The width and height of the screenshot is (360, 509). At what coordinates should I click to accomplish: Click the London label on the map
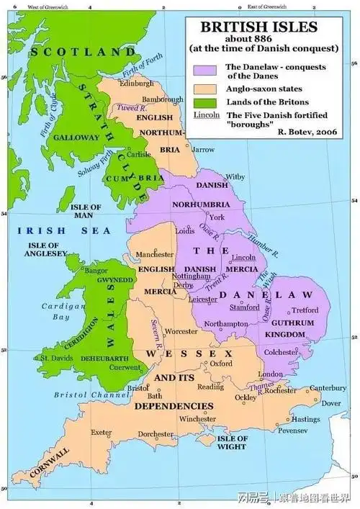point(270,375)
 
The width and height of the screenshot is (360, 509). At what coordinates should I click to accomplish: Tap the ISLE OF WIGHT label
point(233,442)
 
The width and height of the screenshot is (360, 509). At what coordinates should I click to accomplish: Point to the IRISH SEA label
point(65,230)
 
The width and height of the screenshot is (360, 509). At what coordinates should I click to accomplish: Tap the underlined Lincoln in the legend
point(208,114)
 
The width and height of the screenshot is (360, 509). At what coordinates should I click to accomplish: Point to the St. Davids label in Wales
point(54,357)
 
